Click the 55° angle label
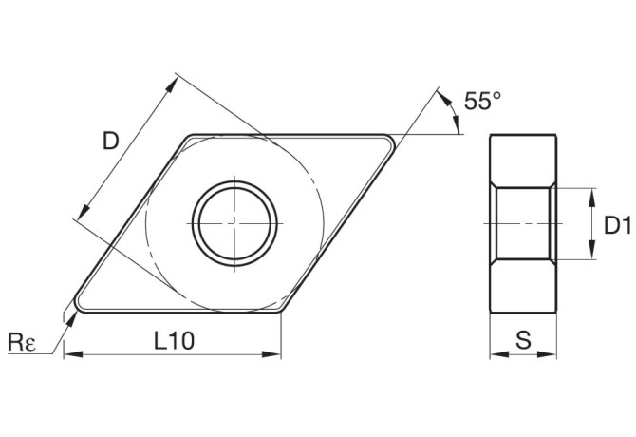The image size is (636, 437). coord(482,101)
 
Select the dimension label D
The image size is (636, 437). coord(110,142)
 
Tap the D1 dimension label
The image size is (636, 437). coord(618,224)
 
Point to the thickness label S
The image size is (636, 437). coord(522,339)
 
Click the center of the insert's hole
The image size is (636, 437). coord(234,222)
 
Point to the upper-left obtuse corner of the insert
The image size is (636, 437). coord(190,137)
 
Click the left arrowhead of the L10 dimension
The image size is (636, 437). coord(68,355)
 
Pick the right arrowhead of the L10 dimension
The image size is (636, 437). coord(276,355)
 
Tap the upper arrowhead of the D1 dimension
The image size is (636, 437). coord(590,193)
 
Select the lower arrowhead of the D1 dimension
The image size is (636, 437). coord(590,254)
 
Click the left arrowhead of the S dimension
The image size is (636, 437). coord(494,355)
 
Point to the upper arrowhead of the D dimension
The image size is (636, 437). coord(174,83)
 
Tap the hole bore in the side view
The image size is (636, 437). coord(522,223)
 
